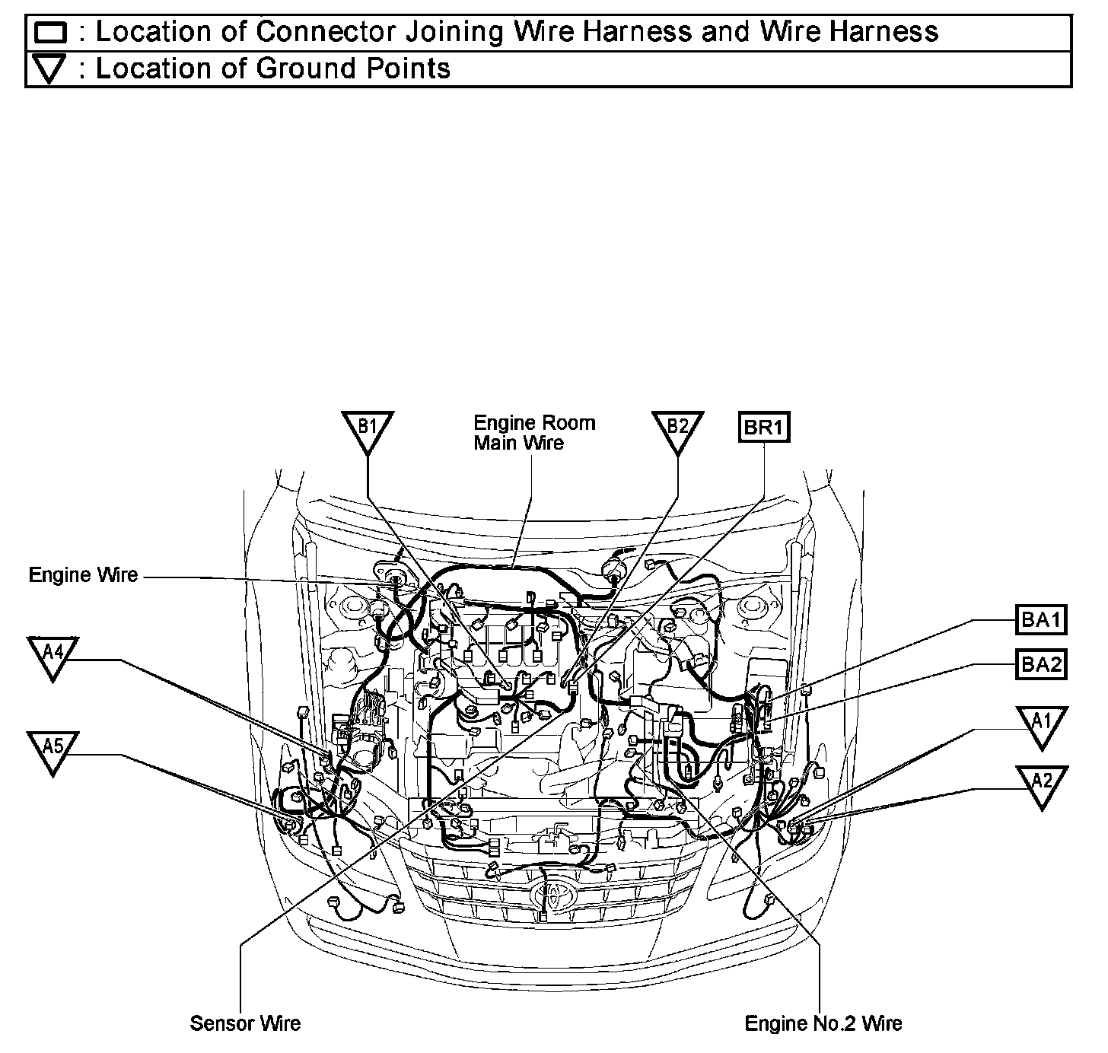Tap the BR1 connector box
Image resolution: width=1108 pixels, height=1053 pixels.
tap(764, 427)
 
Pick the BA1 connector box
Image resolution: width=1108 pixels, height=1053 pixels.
tap(1040, 620)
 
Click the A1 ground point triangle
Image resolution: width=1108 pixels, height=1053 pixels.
tap(1041, 724)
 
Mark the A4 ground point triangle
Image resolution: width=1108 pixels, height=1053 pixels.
tap(53, 654)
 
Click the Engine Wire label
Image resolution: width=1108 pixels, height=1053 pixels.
tap(84, 575)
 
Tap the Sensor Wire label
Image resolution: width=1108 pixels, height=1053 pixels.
tap(245, 1023)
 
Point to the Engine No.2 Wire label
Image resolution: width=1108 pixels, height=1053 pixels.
tap(823, 1023)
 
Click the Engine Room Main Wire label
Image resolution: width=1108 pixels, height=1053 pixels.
tap(534, 432)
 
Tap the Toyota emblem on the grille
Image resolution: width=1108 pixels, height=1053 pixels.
tap(548, 895)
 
